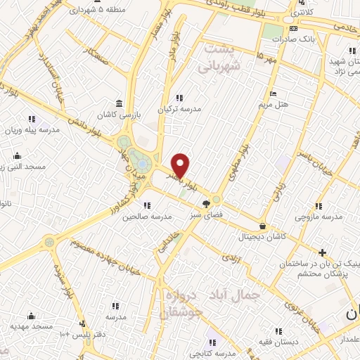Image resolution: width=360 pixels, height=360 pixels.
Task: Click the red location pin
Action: point(180,165)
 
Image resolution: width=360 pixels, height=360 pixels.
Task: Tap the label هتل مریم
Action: point(272,105)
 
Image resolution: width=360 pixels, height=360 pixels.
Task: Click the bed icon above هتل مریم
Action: point(273,94)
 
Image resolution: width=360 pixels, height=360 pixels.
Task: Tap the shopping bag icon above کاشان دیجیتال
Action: point(263,226)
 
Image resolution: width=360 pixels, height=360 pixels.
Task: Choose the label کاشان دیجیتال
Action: point(262,237)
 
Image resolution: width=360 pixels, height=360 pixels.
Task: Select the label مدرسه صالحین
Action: point(148,217)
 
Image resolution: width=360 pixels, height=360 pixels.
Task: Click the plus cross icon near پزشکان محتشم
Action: point(322,252)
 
